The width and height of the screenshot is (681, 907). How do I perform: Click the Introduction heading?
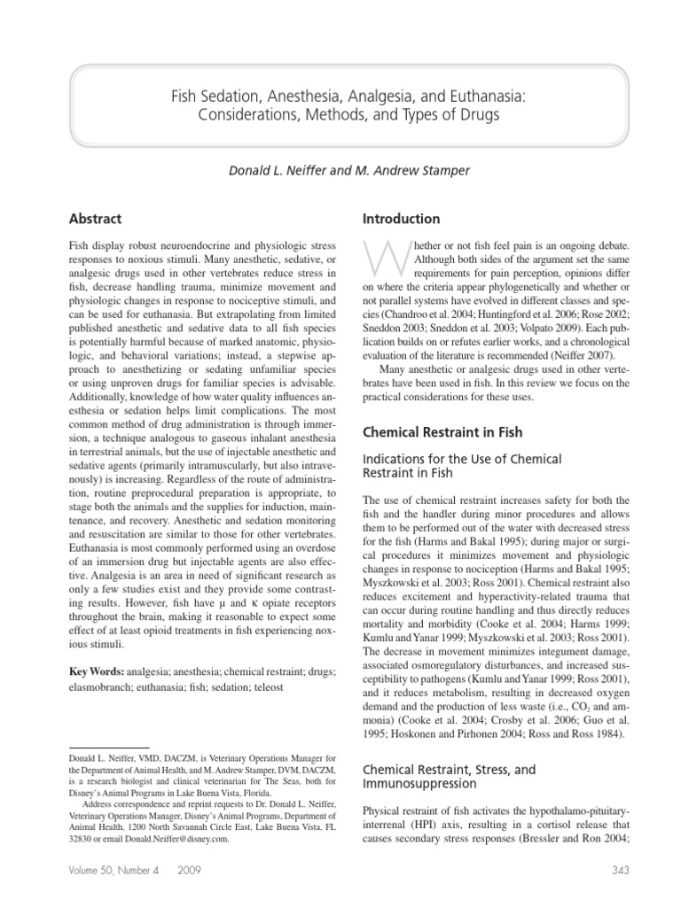click(x=401, y=219)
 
